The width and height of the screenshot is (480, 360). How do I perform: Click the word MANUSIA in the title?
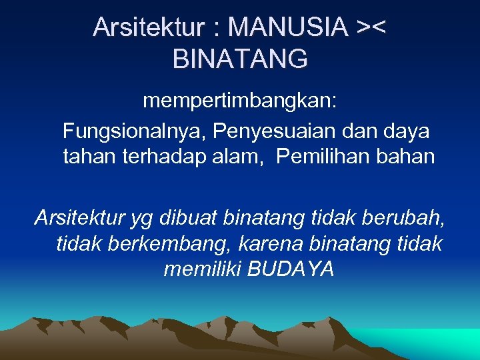tap(287, 27)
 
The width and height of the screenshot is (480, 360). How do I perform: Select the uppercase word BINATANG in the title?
tap(240, 59)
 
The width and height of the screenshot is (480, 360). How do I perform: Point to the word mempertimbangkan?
tap(240, 102)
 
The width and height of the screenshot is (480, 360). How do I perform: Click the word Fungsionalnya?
tap(133, 131)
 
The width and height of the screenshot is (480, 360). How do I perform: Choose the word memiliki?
tap(202, 269)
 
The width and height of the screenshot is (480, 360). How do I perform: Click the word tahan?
tap(89, 157)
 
